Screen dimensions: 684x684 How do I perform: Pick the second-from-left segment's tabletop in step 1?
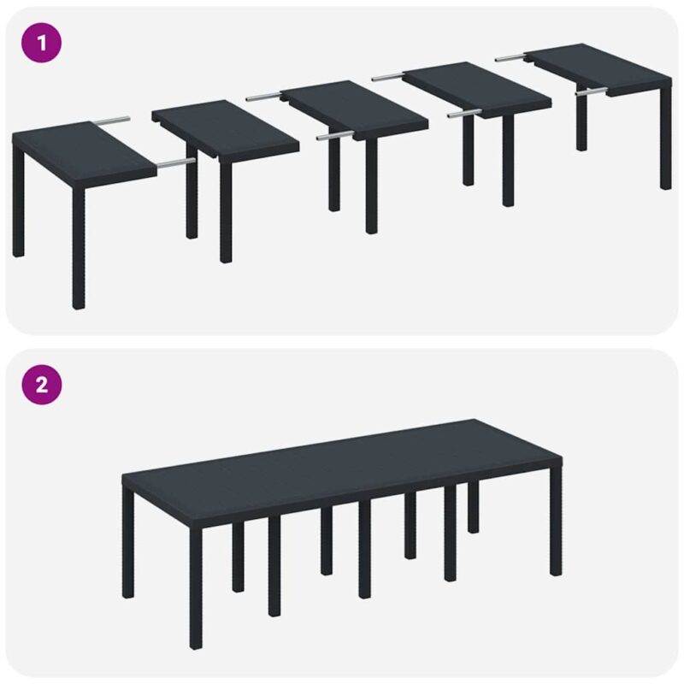pos(226,128)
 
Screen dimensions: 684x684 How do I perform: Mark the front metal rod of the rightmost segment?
pos(591,90)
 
